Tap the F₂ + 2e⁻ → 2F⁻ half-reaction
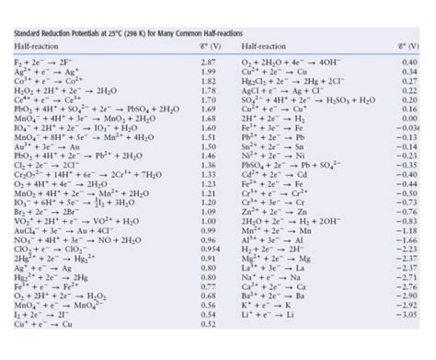(46, 61)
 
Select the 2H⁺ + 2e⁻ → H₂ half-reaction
(270, 144)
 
